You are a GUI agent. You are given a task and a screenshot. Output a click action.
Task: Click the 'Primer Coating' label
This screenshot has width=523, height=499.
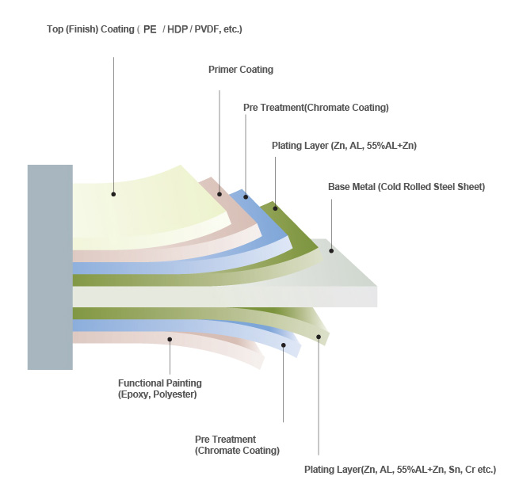240,70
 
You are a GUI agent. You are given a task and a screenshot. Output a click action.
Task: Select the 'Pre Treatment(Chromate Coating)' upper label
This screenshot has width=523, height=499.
315,107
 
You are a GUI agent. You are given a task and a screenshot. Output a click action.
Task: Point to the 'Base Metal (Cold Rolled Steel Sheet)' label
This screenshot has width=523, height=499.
406,187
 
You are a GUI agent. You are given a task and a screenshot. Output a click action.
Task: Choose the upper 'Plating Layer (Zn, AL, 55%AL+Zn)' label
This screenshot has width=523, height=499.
344,146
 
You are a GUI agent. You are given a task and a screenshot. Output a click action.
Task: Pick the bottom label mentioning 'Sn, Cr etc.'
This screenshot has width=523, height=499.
399,470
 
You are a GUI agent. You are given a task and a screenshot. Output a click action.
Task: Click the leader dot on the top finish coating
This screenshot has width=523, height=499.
114,193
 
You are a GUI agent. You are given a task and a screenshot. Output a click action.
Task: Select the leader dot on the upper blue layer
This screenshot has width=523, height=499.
246,196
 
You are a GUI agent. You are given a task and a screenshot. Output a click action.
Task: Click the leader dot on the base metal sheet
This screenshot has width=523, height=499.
332,250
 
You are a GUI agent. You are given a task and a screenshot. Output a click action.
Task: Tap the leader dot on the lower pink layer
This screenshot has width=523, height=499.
170,339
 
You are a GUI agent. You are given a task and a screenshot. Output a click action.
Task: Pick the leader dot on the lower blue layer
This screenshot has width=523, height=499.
283,345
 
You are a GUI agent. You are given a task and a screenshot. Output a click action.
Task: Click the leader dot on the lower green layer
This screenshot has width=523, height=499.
319,337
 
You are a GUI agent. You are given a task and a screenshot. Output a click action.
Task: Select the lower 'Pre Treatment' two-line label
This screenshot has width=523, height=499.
237,444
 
